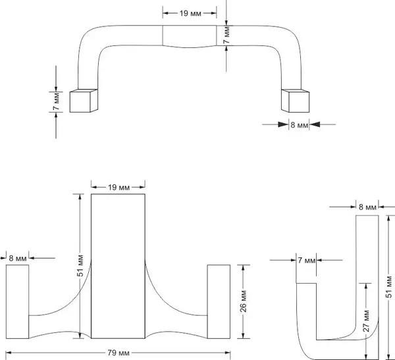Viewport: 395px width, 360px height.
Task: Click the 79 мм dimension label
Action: [117, 353]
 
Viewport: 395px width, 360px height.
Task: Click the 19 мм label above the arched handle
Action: [190, 13]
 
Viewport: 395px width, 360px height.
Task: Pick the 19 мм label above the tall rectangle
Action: [117, 188]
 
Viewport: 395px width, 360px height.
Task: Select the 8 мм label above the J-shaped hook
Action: [367, 207]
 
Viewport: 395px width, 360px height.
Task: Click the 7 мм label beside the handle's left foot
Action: [57, 101]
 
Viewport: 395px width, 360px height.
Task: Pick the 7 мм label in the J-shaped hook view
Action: [305, 261]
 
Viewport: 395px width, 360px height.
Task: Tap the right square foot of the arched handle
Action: [296, 100]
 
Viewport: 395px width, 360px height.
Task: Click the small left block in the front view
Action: [16, 299]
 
